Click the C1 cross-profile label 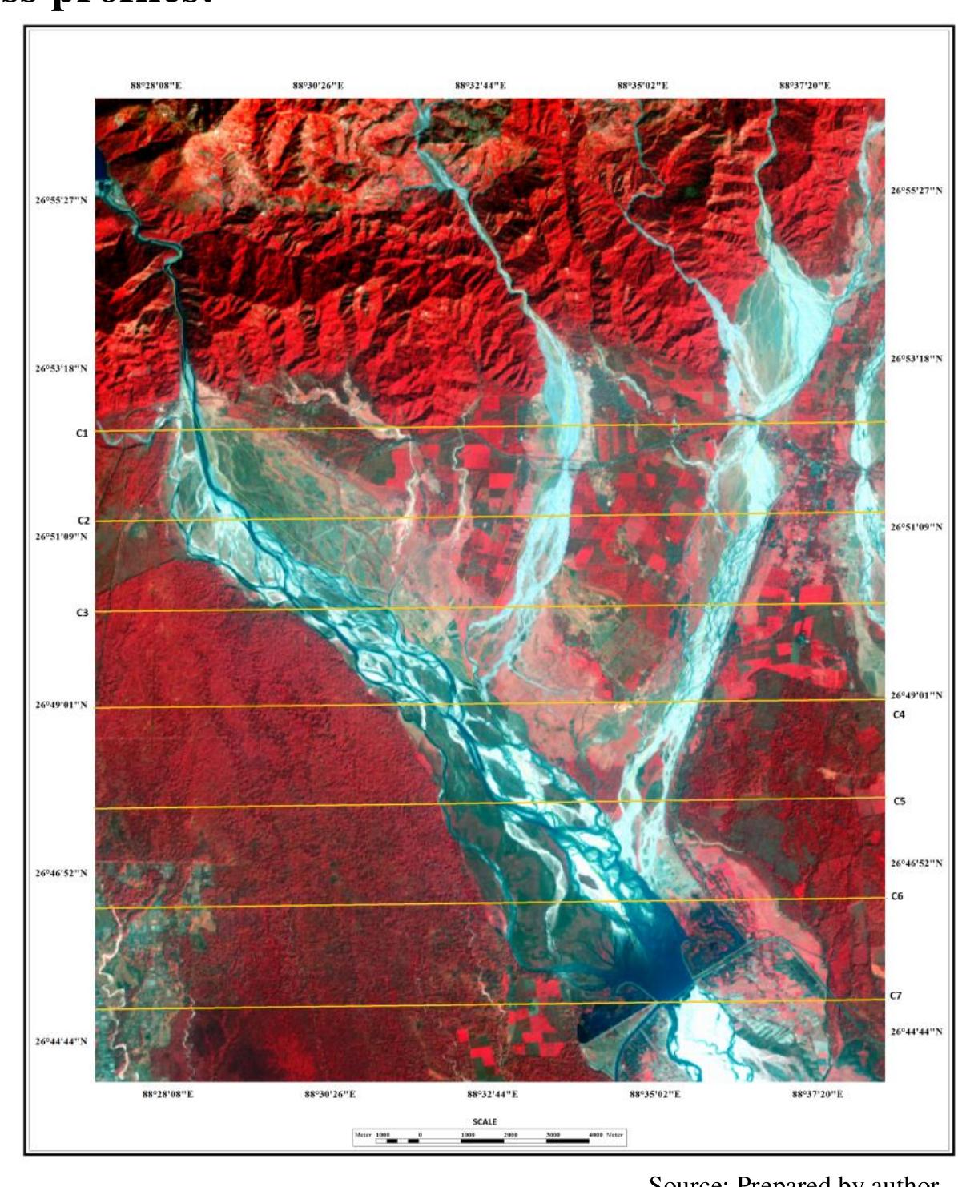coord(82,433)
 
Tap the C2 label coord(83,521)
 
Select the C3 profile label coord(82,613)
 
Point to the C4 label coord(899,714)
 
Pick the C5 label coord(899,801)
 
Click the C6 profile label coord(897,896)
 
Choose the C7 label coord(896,996)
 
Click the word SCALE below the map coord(484,1122)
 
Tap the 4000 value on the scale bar coord(597,1135)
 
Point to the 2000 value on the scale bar coord(509,1135)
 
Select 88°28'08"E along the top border coord(156,85)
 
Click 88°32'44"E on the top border coord(480,85)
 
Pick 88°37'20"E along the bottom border coord(817,1094)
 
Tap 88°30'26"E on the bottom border coord(330,1094)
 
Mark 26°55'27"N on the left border coord(60,199)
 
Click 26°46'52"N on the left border coord(60,873)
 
